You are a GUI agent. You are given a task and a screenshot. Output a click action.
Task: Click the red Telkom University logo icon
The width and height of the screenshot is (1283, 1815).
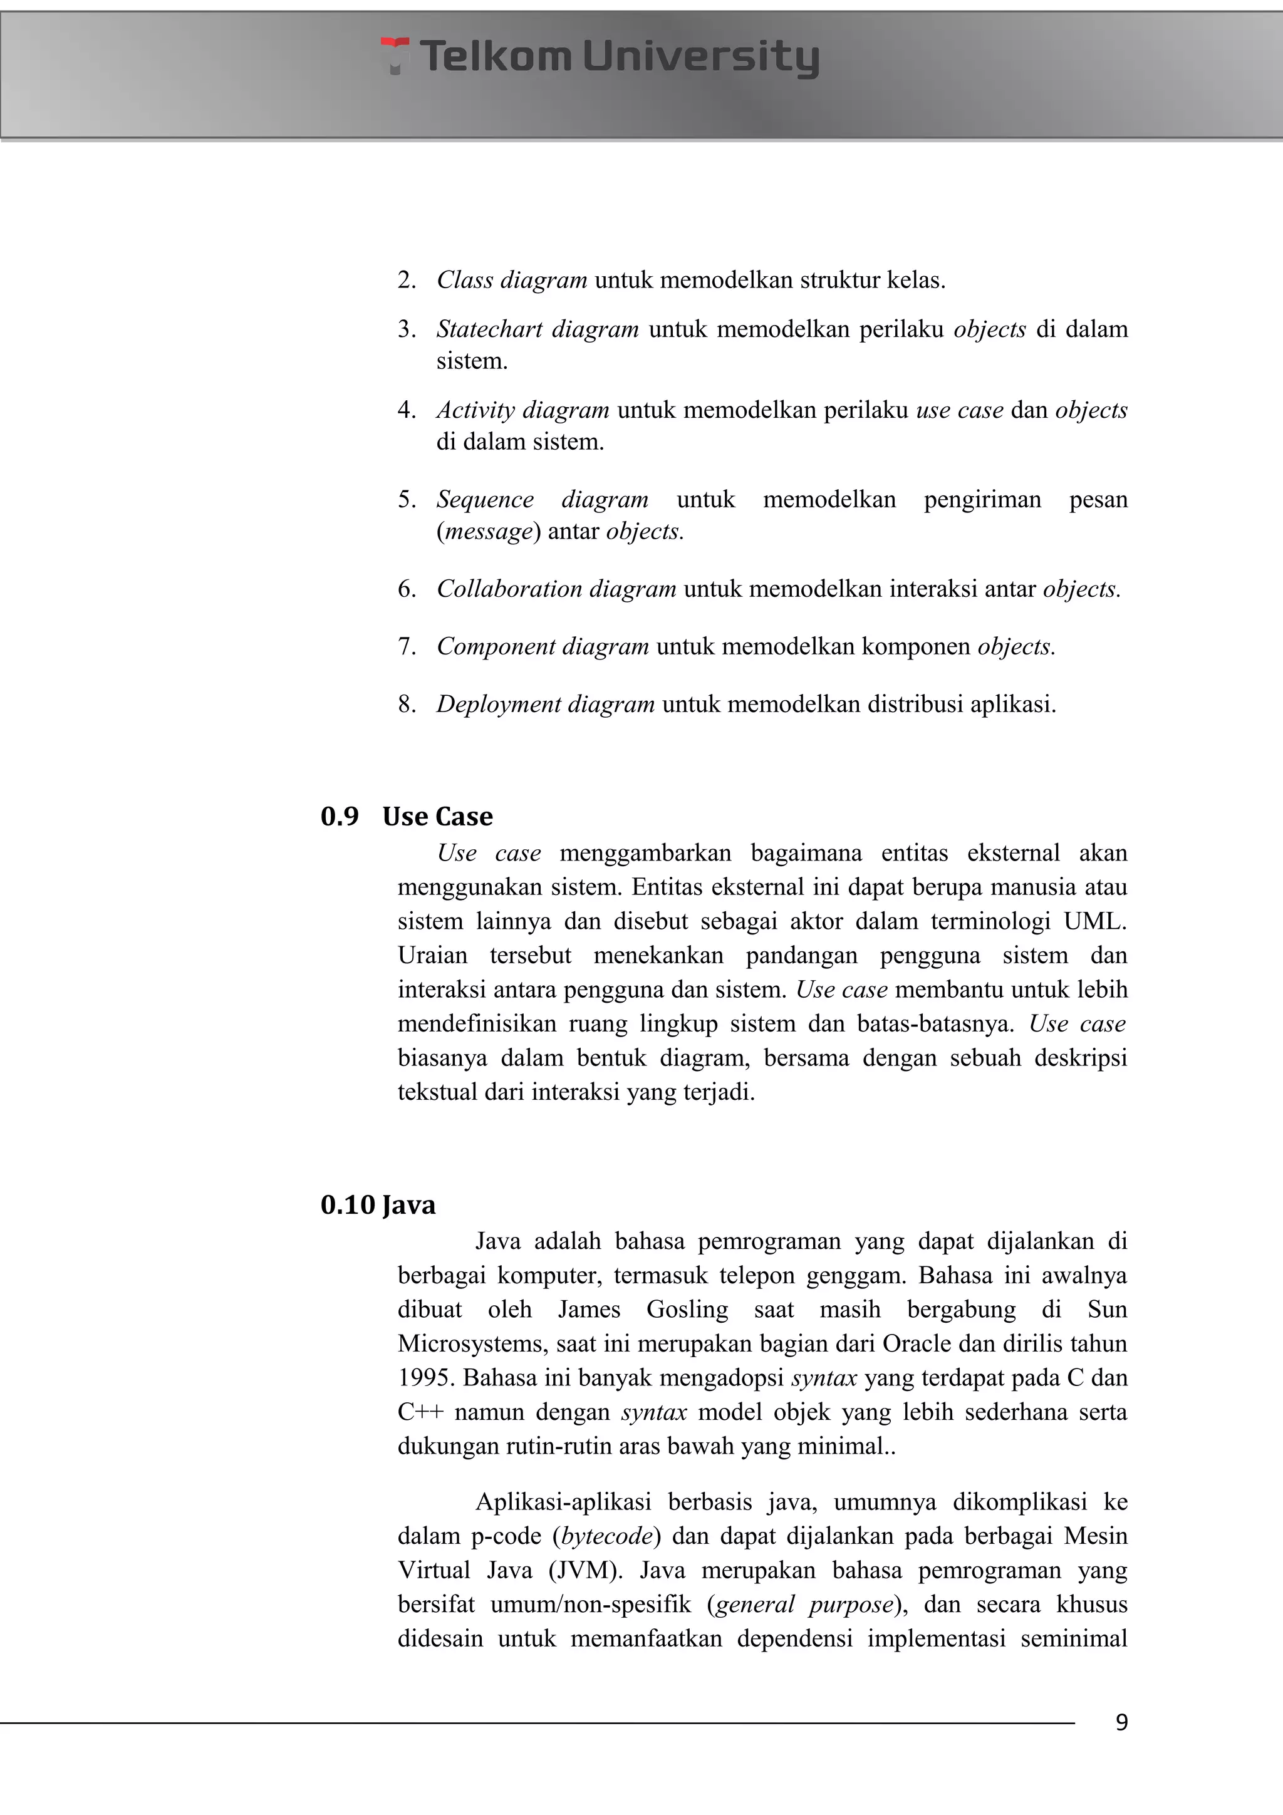(395, 54)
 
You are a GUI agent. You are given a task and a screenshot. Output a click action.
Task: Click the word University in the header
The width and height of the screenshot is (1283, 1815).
(700, 57)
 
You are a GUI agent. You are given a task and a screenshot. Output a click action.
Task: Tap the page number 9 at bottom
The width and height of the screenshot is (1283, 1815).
(1121, 1722)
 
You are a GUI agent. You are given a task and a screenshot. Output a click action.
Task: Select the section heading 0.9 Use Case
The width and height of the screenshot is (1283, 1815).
(407, 816)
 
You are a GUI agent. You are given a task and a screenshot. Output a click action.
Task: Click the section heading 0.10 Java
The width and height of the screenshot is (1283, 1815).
(378, 1205)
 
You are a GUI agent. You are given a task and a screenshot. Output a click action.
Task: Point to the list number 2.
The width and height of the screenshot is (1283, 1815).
(407, 280)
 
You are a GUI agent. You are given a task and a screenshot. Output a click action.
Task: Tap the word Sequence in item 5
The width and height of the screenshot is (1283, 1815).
(485, 500)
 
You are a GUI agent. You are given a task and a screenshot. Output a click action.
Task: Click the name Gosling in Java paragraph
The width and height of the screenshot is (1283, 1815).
(687, 1310)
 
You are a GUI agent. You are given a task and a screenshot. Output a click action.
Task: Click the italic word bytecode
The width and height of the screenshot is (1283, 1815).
(607, 1536)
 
